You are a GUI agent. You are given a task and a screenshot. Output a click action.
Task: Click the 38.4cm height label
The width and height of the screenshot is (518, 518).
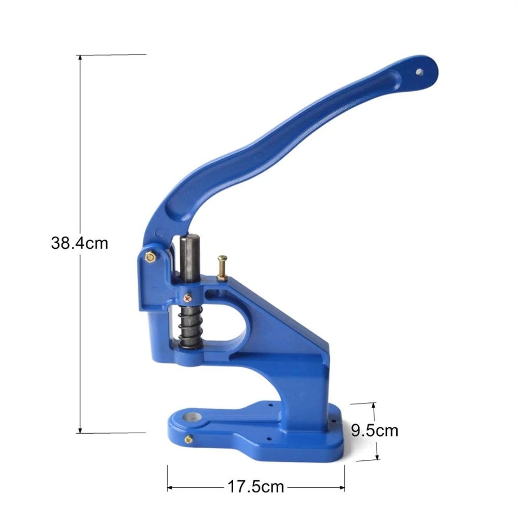(80, 243)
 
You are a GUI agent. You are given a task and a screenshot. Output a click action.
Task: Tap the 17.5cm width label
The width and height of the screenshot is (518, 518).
(255, 487)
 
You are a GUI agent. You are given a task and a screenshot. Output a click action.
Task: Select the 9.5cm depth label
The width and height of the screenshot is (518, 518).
(375, 430)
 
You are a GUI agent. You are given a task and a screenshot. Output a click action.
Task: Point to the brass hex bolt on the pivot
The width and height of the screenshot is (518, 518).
(150, 258)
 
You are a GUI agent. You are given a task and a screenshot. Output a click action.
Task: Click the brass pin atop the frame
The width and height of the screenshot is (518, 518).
(222, 268)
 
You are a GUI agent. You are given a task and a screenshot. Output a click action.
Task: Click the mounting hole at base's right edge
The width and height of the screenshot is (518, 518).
(331, 422)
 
